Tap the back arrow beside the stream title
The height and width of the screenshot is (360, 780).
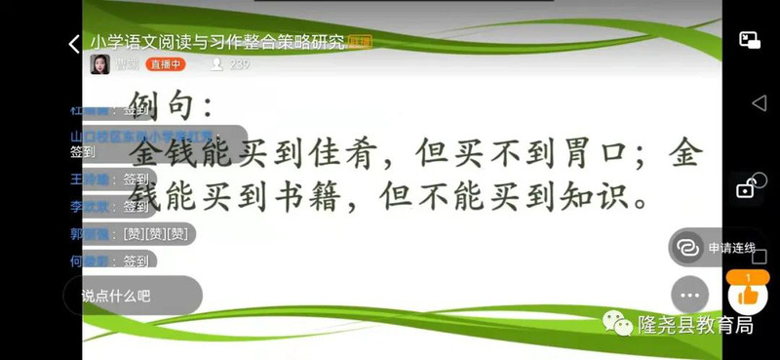tap(74, 45)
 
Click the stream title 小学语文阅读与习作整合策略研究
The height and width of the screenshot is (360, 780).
tap(217, 42)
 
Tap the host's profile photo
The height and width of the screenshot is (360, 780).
tap(99, 64)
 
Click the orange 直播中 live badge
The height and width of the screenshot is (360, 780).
tap(165, 65)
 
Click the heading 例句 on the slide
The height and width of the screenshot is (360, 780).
tap(168, 103)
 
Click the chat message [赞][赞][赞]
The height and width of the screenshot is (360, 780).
tap(155, 234)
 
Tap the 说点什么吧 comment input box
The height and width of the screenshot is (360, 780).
tap(133, 295)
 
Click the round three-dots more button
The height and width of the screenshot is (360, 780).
tap(690, 295)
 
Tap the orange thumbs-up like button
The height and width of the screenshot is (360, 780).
tap(748, 293)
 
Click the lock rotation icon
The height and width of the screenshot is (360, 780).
tap(747, 186)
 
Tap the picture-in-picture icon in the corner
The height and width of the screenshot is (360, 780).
tap(749, 40)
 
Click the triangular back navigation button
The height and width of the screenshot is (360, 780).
tap(759, 103)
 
